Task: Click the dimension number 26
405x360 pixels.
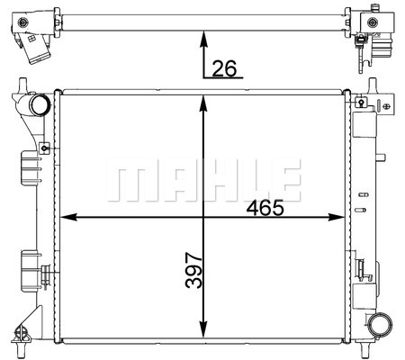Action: pos(224,68)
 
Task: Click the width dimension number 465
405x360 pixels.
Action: pos(265,208)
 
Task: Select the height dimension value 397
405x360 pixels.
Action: pos(193,271)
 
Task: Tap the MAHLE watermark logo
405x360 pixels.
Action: pos(203,180)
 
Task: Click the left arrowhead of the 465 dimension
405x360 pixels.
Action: pos(68,217)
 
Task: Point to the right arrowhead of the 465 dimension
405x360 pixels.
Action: pos(336,217)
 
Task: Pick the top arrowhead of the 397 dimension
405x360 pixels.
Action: pos(203,103)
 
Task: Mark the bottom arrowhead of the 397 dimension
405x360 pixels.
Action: pos(203,329)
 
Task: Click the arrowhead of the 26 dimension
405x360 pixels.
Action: pos(203,39)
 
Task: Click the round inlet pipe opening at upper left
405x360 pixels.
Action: pos(39,104)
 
